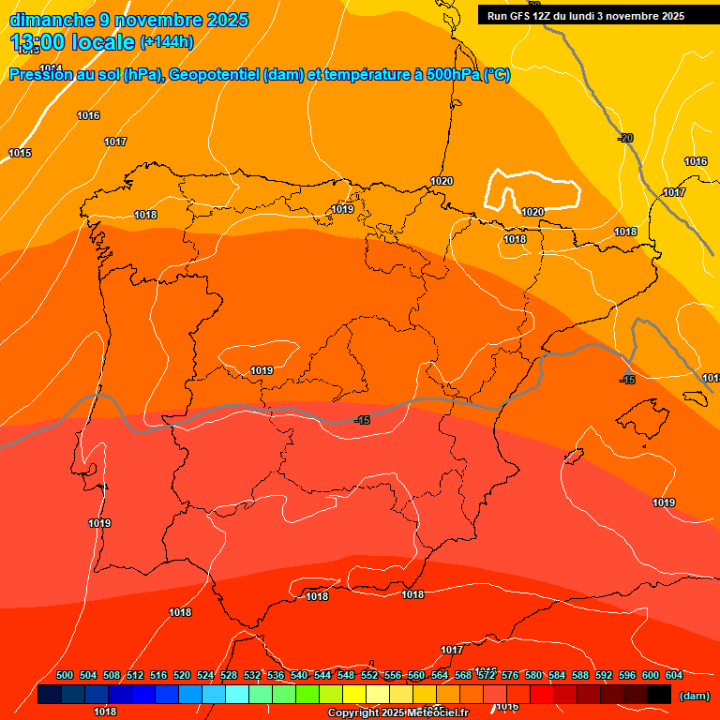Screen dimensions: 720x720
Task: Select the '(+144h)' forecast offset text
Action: (167, 42)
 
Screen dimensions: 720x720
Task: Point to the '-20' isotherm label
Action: (625, 138)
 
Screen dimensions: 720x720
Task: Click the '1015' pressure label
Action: (20, 153)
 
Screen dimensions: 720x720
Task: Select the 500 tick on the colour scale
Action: (65, 675)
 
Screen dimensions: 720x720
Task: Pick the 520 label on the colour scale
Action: (182, 675)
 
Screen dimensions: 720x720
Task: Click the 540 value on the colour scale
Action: (299, 675)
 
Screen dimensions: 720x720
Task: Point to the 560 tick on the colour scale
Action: (416, 675)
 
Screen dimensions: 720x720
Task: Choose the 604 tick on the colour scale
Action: (673, 675)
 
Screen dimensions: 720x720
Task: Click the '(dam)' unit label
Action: (694, 696)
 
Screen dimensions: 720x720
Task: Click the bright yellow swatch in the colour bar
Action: (354, 695)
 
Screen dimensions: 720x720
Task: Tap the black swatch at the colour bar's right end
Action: (659, 695)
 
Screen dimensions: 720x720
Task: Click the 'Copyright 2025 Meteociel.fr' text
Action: (397, 713)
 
